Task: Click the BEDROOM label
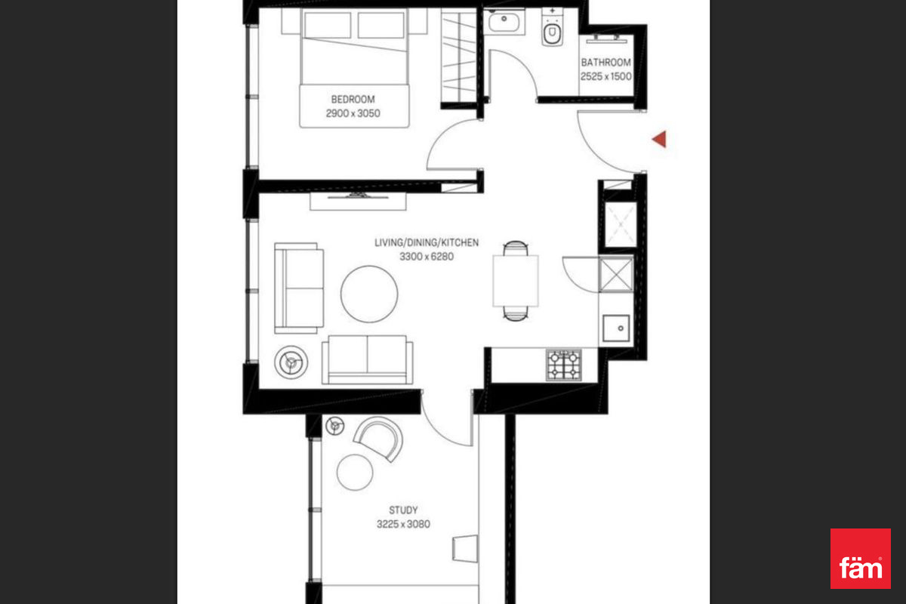point(353,99)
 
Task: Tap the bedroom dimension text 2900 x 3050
point(353,113)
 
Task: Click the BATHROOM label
point(606,63)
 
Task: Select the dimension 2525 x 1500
point(606,76)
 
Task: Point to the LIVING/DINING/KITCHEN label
point(427,242)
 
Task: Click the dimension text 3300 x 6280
point(427,257)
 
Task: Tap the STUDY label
point(403,510)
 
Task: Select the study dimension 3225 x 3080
point(403,524)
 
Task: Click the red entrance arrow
point(659,139)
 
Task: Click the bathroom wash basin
point(504,21)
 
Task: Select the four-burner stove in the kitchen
point(564,365)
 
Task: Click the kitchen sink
point(616,328)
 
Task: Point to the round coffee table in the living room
point(369,294)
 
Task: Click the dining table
point(515,281)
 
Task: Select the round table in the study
point(355,472)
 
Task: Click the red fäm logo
point(861,558)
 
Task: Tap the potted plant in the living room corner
point(291,362)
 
